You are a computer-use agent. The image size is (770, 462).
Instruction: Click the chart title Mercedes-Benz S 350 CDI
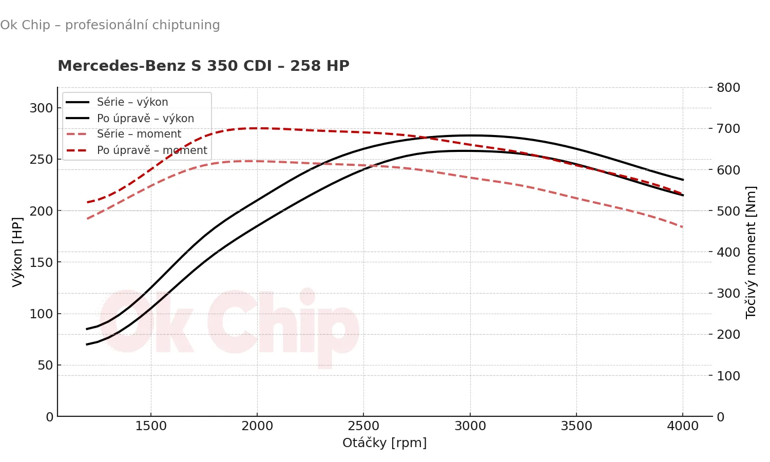pos(203,66)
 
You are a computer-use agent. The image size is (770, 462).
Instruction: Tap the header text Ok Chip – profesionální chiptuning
pos(110,25)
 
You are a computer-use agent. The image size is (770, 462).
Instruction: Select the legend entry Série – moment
pos(139,134)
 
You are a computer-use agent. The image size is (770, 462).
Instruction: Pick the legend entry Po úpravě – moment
pos(151,150)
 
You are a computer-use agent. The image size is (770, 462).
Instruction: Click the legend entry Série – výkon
pos(132,102)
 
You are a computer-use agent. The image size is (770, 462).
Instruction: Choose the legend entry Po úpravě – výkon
pos(145,119)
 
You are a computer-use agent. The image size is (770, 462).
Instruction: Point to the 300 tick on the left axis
pos(41,108)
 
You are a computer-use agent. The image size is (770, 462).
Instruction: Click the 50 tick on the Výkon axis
pos(45,365)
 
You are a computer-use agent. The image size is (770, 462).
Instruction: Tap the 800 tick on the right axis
pos(728,87)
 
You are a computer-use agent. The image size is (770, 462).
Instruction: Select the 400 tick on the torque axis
pos(728,252)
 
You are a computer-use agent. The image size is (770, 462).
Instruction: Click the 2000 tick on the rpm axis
pos(257,426)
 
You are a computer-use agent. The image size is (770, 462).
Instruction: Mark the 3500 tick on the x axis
pos(576,426)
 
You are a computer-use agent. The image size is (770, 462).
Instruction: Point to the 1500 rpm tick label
pos(151,426)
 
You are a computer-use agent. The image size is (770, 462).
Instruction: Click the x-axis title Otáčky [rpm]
pos(384,442)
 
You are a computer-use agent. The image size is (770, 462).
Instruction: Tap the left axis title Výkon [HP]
pos(17,252)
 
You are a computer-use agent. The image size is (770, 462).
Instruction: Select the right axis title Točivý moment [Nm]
pos(751,252)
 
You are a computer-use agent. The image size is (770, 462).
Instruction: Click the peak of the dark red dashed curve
pos(257,128)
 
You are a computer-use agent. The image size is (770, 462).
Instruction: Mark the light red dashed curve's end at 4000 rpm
pos(683,227)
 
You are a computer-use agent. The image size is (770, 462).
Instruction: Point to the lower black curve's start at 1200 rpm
pos(87,344)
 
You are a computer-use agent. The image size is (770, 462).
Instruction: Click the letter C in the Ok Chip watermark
pos(231,323)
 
